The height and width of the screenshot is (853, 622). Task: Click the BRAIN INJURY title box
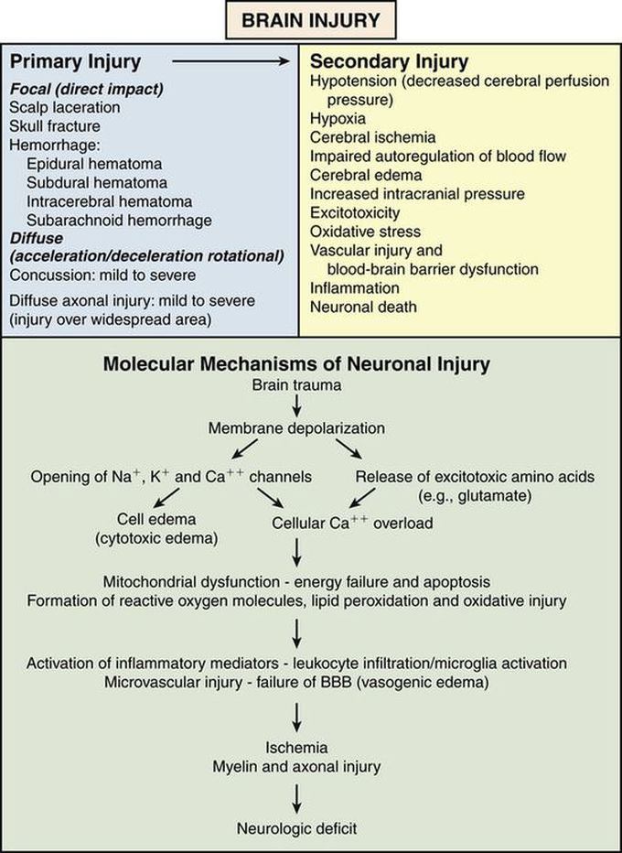click(310, 20)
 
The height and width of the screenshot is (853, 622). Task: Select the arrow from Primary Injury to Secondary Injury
click(231, 62)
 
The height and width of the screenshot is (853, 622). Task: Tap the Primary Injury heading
click(75, 62)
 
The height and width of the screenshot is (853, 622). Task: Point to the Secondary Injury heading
click(390, 62)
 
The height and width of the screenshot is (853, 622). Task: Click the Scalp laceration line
click(65, 107)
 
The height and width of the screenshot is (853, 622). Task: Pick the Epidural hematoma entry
click(94, 164)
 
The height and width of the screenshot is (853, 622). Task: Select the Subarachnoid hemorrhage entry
click(119, 221)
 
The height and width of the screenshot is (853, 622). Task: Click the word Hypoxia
click(338, 119)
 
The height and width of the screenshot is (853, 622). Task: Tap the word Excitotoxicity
click(355, 212)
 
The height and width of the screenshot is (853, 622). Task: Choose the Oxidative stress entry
click(365, 232)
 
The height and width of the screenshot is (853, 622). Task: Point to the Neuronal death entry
click(363, 307)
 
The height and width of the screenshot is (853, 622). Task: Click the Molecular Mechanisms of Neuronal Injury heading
click(297, 363)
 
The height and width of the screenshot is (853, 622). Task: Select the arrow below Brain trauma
click(297, 406)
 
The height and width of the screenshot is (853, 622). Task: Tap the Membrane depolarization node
click(297, 428)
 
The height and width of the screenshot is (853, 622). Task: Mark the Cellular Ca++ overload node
click(352, 523)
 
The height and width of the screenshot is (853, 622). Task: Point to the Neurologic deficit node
click(297, 828)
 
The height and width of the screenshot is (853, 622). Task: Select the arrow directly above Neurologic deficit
click(297, 799)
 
